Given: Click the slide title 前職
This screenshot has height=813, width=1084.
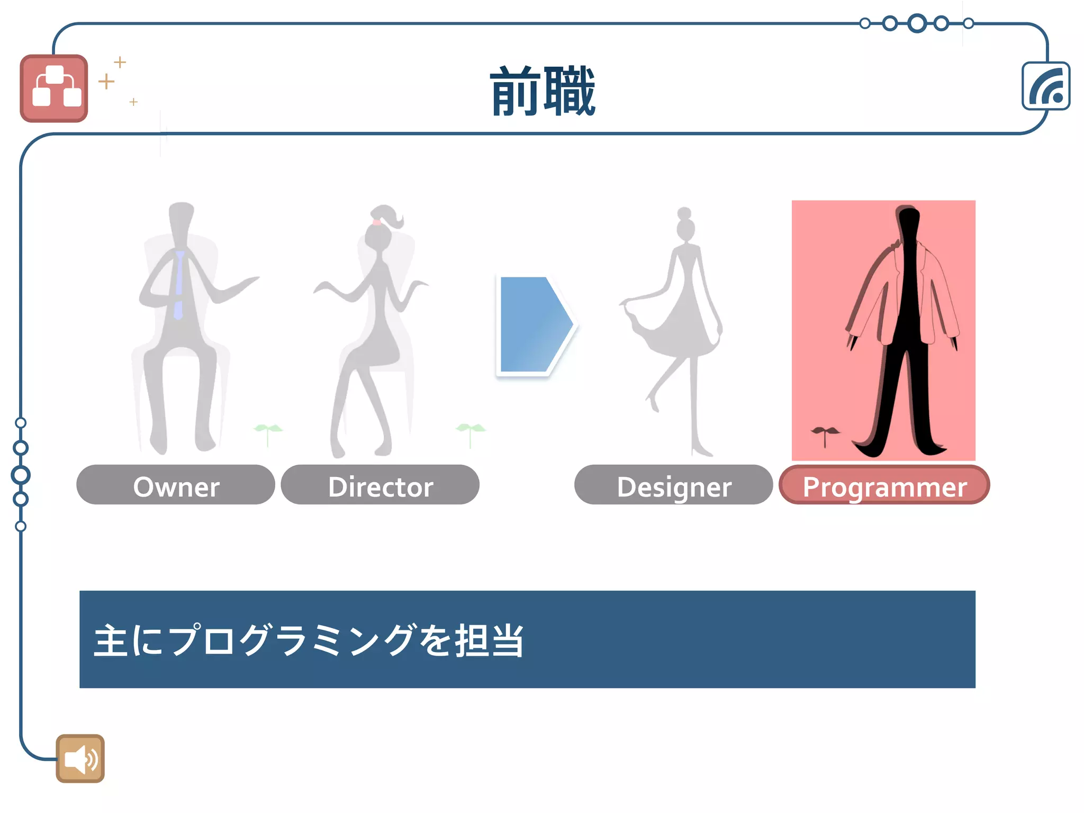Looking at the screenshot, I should [543, 92].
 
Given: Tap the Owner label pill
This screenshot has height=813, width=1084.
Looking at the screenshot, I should [176, 485].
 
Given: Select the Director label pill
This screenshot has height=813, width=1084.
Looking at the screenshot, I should [380, 485].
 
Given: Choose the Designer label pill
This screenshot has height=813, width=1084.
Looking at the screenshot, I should [673, 485].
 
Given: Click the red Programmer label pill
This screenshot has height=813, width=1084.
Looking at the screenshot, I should [884, 485].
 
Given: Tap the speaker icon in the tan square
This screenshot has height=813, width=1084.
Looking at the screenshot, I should [80, 758].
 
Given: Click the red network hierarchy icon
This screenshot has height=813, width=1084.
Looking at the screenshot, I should [54, 88].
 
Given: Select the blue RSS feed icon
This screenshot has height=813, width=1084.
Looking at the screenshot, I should [1046, 86].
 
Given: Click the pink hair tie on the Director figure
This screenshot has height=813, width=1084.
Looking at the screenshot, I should [376, 222].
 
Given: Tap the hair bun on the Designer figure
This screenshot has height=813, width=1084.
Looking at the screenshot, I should [684, 213].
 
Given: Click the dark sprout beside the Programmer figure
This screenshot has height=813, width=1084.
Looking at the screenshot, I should [824, 434].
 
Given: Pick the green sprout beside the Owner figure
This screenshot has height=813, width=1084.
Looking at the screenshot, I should [268, 431].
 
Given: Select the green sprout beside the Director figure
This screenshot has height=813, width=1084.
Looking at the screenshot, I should [470, 431].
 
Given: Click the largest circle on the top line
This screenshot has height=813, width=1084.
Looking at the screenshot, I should [917, 23].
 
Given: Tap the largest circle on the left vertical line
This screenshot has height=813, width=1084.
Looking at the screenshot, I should [21, 475].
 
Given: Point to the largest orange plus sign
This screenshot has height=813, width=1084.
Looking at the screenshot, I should [106, 81].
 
